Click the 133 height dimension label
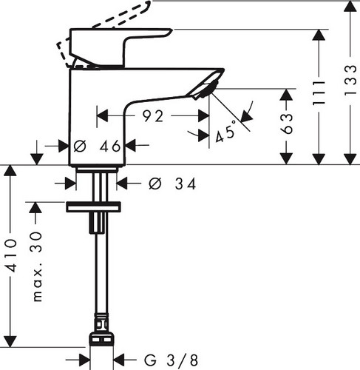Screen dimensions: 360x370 [x=350, y=80]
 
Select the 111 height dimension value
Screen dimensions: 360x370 [x=319, y=93]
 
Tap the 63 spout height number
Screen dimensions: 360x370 [x=287, y=124]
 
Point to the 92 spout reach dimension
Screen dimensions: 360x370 [x=153, y=116]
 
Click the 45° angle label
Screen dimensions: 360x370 [x=225, y=132]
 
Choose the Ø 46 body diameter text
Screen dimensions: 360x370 [x=97, y=147]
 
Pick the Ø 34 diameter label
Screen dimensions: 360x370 [x=172, y=184]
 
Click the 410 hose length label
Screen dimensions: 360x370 [x=11, y=255]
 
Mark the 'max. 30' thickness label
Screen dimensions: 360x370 [x=37, y=266]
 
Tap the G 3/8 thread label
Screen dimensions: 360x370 [x=171, y=360]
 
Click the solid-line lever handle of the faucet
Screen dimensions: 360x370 [x=116, y=47]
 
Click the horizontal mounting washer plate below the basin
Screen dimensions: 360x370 [x=93, y=207]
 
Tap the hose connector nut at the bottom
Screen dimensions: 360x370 [x=101, y=340]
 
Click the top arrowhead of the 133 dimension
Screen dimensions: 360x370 [x=350, y=7]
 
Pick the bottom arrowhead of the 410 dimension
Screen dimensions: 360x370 [x=10, y=341]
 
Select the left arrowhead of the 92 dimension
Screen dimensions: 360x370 [x=103, y=116]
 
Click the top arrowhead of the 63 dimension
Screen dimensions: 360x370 [x=286, y=95]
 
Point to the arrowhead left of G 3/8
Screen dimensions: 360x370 [x=84, y=360]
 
